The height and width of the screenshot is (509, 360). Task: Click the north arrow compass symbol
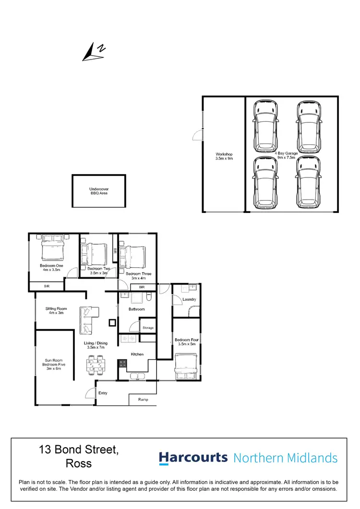click(94, 52)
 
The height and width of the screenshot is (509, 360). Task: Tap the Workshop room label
click(224, 156)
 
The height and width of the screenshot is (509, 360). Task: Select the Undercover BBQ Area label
click(99, 191)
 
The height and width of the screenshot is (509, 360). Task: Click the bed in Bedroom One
click(52, 250)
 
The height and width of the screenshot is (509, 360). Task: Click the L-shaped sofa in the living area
click(87, 319)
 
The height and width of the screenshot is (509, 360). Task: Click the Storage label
click(148, 328)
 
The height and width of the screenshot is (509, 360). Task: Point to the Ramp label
click(143, 399)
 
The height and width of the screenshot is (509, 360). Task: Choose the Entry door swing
click(89, 392)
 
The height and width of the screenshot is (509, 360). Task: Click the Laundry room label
click(189, 299)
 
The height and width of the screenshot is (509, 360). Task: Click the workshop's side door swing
click(197, 135)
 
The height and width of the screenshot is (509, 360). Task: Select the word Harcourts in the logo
click(193, 458)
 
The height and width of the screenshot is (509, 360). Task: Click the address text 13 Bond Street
click(79, 450)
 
